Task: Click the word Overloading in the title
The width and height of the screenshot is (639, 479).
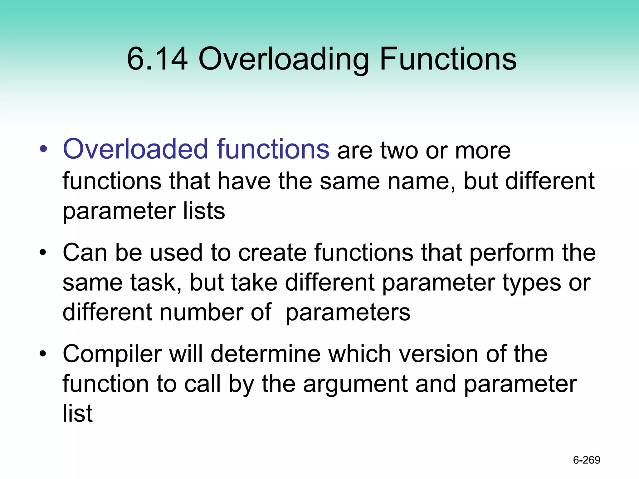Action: [x=283, y=59]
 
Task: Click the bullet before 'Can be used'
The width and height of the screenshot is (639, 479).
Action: [x=43, y=252]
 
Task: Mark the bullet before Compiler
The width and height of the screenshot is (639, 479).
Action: [x=43, y=354]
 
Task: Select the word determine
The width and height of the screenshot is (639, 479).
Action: [x=266, y=354]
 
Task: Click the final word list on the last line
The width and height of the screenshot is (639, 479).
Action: [x=77, y=413]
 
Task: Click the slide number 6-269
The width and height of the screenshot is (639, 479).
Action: [x=587, y=460]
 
